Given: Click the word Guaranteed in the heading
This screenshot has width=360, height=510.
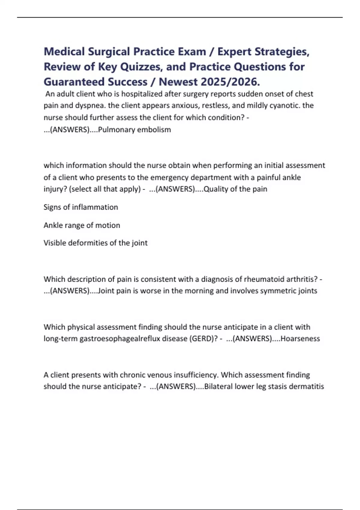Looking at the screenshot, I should coord(74,82).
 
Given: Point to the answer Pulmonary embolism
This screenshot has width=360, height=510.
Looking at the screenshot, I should coord(134,130).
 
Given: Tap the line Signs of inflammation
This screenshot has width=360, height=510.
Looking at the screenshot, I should coord(81,207).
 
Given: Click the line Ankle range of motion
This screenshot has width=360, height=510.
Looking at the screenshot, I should coord(82,225).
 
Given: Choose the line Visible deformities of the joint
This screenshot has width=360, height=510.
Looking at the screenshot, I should coord(95,243).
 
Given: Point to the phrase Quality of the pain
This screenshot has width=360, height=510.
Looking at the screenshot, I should coord(235,189).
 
